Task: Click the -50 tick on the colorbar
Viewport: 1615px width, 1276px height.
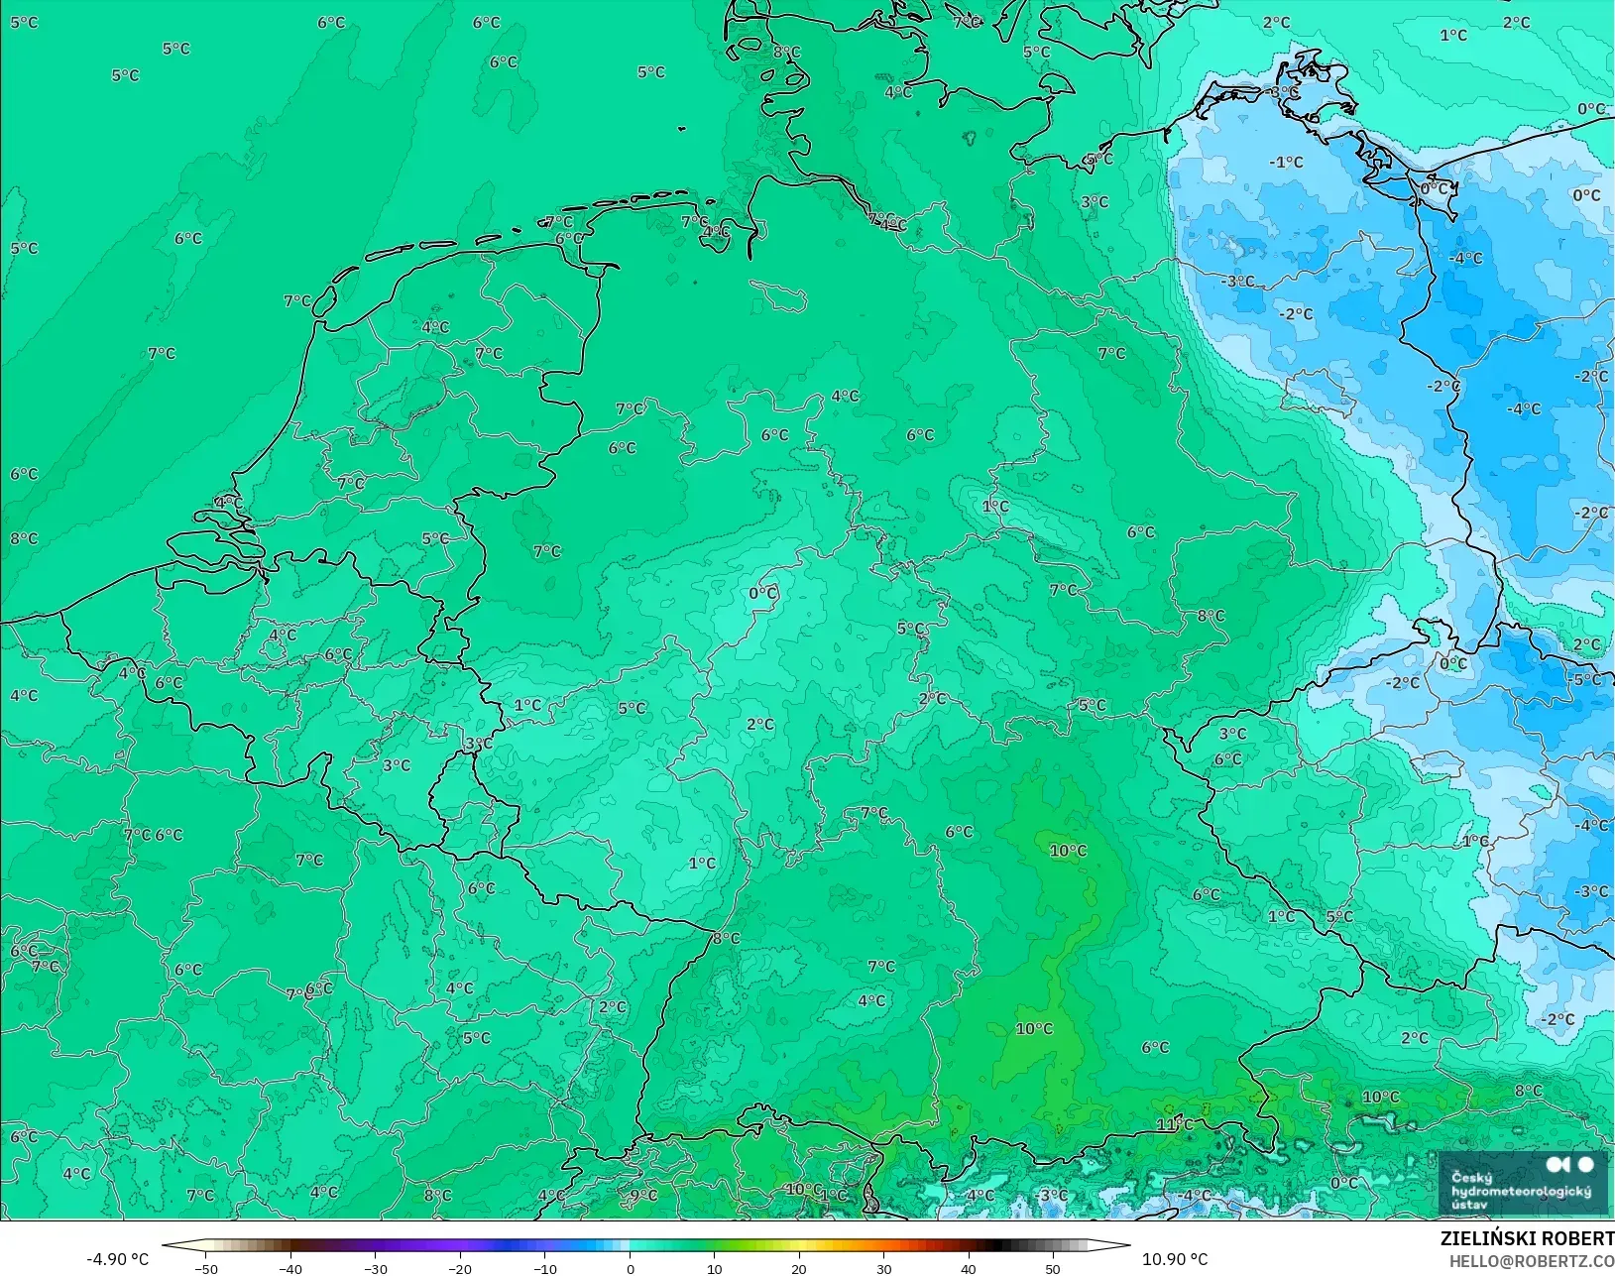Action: click(205, 1268)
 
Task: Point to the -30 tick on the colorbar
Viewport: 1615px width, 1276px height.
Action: click(375, 1268)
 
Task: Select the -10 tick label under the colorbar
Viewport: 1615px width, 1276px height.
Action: click(544, 1268)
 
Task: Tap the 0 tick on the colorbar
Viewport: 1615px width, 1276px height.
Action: click(630, 1268)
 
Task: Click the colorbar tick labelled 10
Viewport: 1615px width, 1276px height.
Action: click(714, 1268)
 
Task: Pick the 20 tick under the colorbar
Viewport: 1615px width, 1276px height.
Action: click(798, 1268)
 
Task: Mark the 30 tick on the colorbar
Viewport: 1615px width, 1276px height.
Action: click(883, 1268)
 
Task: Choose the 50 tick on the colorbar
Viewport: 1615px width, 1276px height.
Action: click(1052, 1268)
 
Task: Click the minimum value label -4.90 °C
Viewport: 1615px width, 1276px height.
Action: click(117, 1259)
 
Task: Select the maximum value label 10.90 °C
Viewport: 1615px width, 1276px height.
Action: click(1175, 1259)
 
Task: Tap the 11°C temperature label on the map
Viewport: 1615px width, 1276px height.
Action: click(1175, 1124)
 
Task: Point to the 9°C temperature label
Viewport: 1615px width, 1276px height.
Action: click(643, 1196)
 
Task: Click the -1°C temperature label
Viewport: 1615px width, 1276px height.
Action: click(1286, 162)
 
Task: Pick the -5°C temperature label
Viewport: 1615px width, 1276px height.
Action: click(1586, 679)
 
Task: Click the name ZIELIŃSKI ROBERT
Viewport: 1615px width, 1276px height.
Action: click(1527, 1239)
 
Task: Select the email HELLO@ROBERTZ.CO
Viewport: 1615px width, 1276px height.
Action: click(1532, 1261)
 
